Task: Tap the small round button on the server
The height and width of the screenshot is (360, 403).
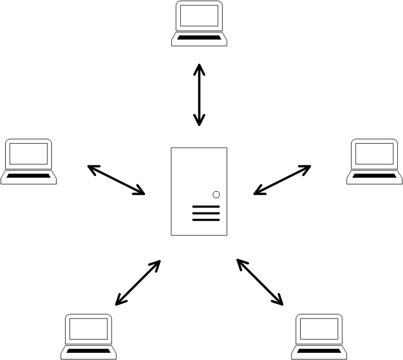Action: [216, 195]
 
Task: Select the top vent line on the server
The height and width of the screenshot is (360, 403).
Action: [206, 207]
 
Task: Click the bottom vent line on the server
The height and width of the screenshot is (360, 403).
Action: [206, 220]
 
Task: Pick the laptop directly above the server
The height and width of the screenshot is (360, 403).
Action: [199, 24]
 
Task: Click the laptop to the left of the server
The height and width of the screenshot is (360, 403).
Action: [28, 161]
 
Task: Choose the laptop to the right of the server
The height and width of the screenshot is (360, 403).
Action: [374, 161]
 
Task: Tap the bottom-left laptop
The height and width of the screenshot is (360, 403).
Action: [88, 336]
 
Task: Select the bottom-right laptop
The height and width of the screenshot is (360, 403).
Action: [319, 336]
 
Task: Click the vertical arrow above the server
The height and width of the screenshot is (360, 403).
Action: [199, 95]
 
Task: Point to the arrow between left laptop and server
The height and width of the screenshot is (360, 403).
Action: [116, 180]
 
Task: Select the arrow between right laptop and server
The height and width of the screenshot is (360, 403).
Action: [282, 180]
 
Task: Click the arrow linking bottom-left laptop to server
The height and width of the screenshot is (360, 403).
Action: [138, 283]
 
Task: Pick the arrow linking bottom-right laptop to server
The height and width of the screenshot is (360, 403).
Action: [260, 282]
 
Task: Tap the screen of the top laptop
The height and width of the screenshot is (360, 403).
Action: [199, 16]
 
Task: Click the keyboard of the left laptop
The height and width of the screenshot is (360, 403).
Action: [28, 176]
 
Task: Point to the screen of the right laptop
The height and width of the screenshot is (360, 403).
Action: [374, 154]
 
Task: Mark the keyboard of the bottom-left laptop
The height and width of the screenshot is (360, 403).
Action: [88, 351]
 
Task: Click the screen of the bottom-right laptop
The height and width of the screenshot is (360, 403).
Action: [319, 329]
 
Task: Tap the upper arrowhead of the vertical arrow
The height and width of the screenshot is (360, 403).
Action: [199, 68]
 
